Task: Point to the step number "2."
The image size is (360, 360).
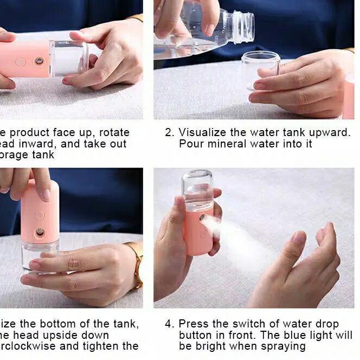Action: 170,132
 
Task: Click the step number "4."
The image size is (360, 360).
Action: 170,324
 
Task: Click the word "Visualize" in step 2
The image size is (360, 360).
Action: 203,132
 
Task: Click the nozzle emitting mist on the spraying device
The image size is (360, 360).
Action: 201,217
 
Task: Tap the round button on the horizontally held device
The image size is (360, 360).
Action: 21,62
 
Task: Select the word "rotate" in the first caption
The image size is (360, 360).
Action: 112,132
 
